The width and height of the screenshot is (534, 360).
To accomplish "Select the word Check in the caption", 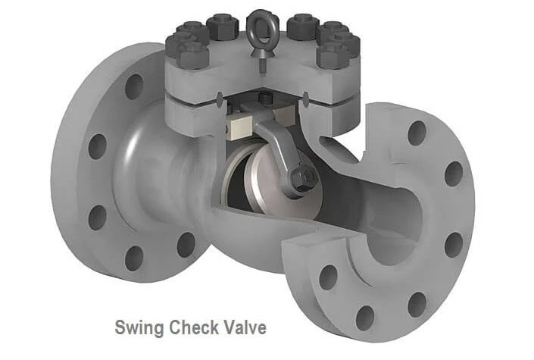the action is [194, 327].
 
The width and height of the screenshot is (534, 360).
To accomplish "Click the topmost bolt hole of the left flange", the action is [134, 87].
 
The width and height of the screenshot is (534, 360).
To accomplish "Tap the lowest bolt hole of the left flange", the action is [134, 258].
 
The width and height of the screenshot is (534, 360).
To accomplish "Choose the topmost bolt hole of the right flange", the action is [417, 133].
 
